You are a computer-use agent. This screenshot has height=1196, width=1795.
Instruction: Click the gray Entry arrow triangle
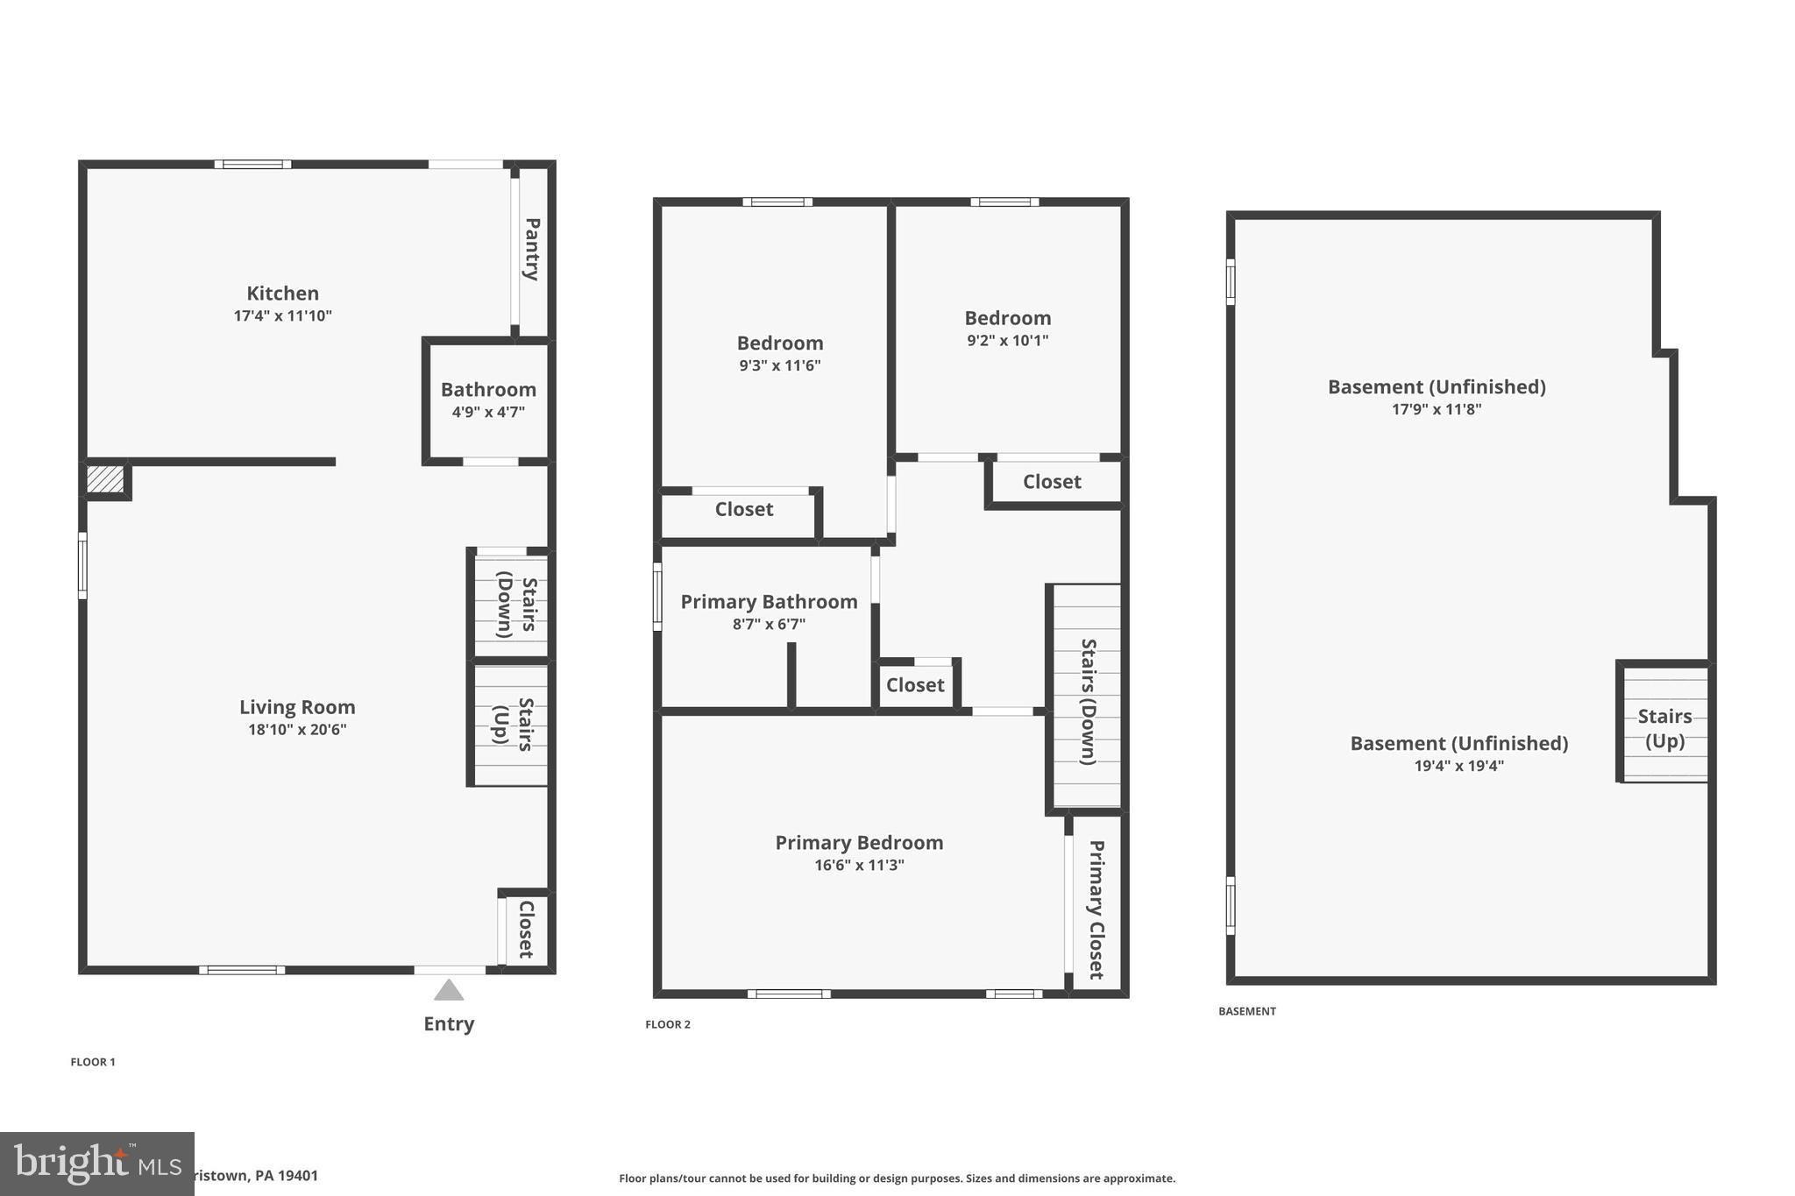pos(449,991)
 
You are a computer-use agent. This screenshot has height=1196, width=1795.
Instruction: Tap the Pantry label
pos(532,249)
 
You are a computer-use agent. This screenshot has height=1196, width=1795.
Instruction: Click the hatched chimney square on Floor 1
pos(105,478)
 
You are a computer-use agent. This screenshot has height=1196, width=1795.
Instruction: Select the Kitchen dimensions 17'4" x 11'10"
pos(282,316)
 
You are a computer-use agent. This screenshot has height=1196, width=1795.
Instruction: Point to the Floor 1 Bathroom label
pos(488,390)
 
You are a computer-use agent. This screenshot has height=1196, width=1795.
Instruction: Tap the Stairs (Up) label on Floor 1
pos(513,724)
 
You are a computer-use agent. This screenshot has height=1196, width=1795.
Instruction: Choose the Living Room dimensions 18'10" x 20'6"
pos(297,730)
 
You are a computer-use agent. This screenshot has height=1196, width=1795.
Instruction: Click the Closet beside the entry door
pos(526,929)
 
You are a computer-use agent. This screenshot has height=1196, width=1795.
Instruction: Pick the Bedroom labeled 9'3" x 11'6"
pos(779,343)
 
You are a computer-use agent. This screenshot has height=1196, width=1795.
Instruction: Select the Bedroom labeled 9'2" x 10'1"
pos(1007,319)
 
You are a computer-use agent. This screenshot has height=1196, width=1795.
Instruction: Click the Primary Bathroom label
pos(769,602)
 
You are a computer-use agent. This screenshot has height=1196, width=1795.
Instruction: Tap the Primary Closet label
pos(1096,909)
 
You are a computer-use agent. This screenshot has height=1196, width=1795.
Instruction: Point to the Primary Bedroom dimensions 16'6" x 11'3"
pos(859,866)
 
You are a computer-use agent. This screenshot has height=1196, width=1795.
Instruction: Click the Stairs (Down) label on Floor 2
pos(1088,701)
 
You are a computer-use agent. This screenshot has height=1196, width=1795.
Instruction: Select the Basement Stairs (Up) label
pos(1664,728)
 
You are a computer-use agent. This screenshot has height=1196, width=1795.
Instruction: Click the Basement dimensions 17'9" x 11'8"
pos(1437,409)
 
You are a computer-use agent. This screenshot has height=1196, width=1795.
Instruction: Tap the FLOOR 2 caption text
pos(668,1024)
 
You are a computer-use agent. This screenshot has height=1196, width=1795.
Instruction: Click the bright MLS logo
pos(96,1164)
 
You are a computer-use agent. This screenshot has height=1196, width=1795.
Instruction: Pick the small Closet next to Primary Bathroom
pos(915,685)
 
